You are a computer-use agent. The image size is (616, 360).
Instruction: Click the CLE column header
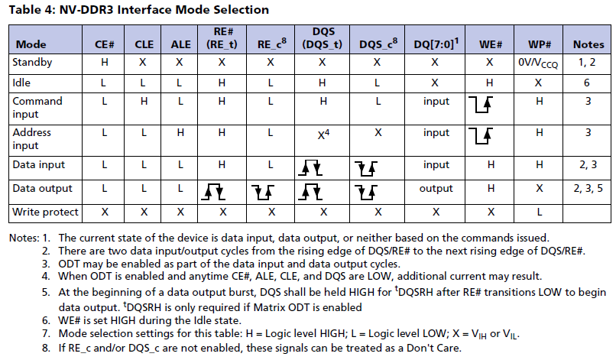[x=144, y=44]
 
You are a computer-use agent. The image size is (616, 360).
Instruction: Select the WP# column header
[x=539, y=44]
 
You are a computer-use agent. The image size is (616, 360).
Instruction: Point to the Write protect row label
[x=45, y=210]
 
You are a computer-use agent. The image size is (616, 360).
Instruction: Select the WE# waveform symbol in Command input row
[x=484, y=106]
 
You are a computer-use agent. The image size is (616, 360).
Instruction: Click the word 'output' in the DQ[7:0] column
[x=436, y=188]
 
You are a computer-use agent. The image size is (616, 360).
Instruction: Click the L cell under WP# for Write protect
[x=539, y=210]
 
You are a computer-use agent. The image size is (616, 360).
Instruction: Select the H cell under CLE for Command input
[x=144, y=101]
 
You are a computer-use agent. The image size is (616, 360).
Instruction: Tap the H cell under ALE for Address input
[x=181, y=132]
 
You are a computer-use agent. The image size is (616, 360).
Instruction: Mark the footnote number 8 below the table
[x=45, y=349]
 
